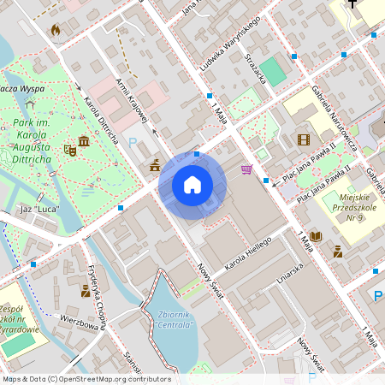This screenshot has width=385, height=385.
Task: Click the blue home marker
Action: click(x=192, y=184)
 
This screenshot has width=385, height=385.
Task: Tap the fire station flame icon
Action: click(x=56, y=31)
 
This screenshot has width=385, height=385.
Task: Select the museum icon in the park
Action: click(x=84, y=141)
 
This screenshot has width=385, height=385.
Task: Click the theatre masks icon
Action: click(x=70, y=151)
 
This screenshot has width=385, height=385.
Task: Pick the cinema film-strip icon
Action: click(x=303, y=139)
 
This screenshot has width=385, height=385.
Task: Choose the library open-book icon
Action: click(x=315, y=236)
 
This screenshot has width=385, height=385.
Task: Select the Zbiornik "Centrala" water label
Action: click(x=176, y=318)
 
